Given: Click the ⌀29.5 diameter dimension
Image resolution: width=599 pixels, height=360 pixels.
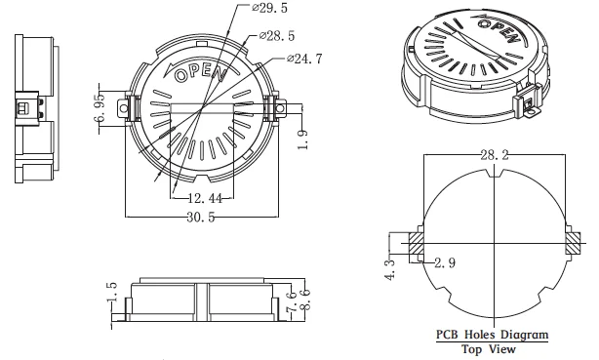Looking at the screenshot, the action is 269,8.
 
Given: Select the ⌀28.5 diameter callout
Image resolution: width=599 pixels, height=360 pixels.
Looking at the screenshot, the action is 277,36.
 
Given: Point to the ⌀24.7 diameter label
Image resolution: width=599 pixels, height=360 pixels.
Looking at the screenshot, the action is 304,59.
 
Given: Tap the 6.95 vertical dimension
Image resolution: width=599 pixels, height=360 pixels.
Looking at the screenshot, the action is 99,107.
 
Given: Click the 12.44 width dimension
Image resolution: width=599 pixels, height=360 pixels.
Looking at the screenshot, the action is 206,198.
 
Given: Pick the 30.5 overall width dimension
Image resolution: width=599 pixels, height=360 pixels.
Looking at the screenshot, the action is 201,217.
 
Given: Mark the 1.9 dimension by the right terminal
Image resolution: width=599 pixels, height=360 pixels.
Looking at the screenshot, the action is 302,140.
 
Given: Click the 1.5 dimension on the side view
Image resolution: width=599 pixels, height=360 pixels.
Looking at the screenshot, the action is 111,292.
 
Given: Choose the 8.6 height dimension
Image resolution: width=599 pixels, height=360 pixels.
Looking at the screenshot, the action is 305,300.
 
